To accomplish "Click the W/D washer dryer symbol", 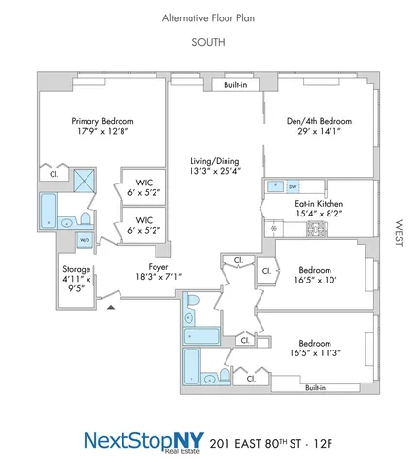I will pyautogui.click(x=85, y=240).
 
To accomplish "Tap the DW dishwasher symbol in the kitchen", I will pyautogui.click(x=293, y=185).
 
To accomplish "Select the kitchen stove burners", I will pyautogui.click(x=316, y=229).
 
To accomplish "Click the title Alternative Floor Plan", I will pyautogui.click(x=208, y=18).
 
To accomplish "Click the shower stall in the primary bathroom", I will pyautogui.click(x=85, y=179).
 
